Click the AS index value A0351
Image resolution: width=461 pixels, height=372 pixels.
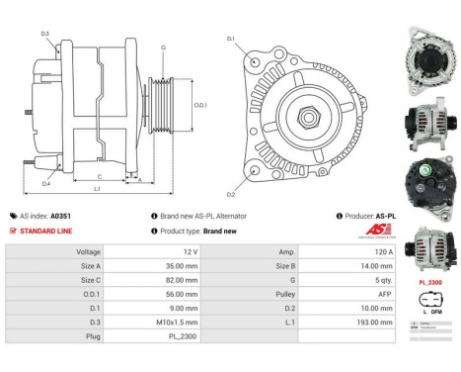coord(61,216)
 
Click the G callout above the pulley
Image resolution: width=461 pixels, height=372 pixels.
coord(163,47)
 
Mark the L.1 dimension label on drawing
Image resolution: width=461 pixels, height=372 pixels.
coord(97,188)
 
